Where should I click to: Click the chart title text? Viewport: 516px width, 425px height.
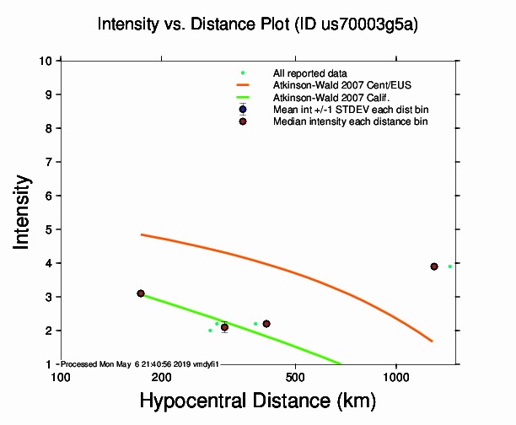coord(257,24)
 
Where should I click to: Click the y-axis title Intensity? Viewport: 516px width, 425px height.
coord(24,212)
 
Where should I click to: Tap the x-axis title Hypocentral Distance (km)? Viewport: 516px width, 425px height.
coord(257,401)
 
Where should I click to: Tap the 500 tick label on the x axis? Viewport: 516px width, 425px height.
coord(295,376)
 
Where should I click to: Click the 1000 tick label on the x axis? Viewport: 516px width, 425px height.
coord(395,376)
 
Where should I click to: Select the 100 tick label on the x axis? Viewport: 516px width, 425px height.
coord(61,376)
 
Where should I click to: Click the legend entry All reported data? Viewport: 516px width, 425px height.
coord(309,73)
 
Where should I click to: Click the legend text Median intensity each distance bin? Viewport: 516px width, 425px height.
coord(350,121)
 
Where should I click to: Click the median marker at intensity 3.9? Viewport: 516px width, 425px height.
coord(434,266)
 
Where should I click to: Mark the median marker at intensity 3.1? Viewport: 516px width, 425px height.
coord(141,293)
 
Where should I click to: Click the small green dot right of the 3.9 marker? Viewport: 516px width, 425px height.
coord(450,266)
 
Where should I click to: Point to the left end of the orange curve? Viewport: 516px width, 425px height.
coord(142,234)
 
